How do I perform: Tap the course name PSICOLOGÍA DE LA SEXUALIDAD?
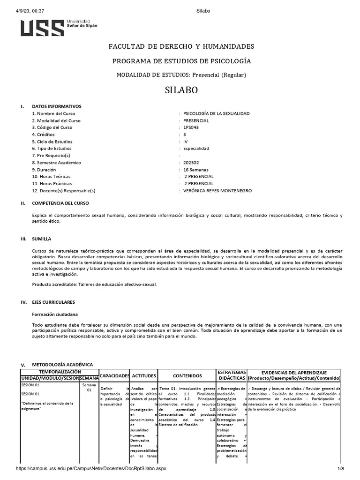pyautogui.click(x=216, y=113)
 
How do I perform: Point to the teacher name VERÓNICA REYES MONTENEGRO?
pyautogui.click(x=217, y=191)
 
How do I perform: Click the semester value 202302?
pyautogui.click(x=192, y=163)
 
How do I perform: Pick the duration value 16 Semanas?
pyautogui.click(x=196, y=170)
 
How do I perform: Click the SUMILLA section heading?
pyautogui.click(x=42, y=239)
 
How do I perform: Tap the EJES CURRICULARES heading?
pyautogui.click(x=53, y=302)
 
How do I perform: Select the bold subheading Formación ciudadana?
pyautogui.click(x=54, y=314)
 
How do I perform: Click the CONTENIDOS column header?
pyautogui.click(x=187, y=376)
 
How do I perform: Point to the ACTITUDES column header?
pyautogui.click(x=143, y=376)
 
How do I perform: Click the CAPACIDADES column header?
pyautogui.click(x=115, y=376)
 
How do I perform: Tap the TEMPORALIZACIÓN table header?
pyautogui.click(x=59, y=371)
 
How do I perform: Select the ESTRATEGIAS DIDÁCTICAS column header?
pyautogui.click(x=232, y=375)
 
